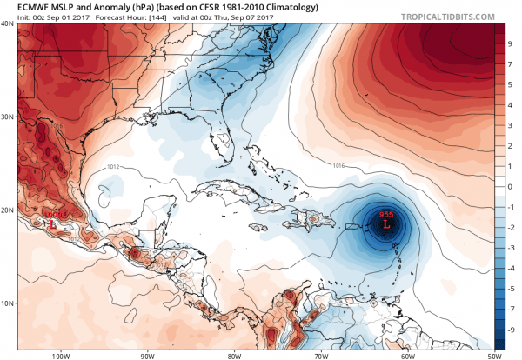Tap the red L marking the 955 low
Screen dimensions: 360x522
click(387, 224)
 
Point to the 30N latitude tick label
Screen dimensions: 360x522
click(7, 117)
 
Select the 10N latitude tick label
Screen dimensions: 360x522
click(7, 303)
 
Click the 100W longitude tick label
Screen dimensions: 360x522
click(60, 354)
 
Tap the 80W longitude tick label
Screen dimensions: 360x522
click(233, 354)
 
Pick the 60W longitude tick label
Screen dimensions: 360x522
click(406, 354)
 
